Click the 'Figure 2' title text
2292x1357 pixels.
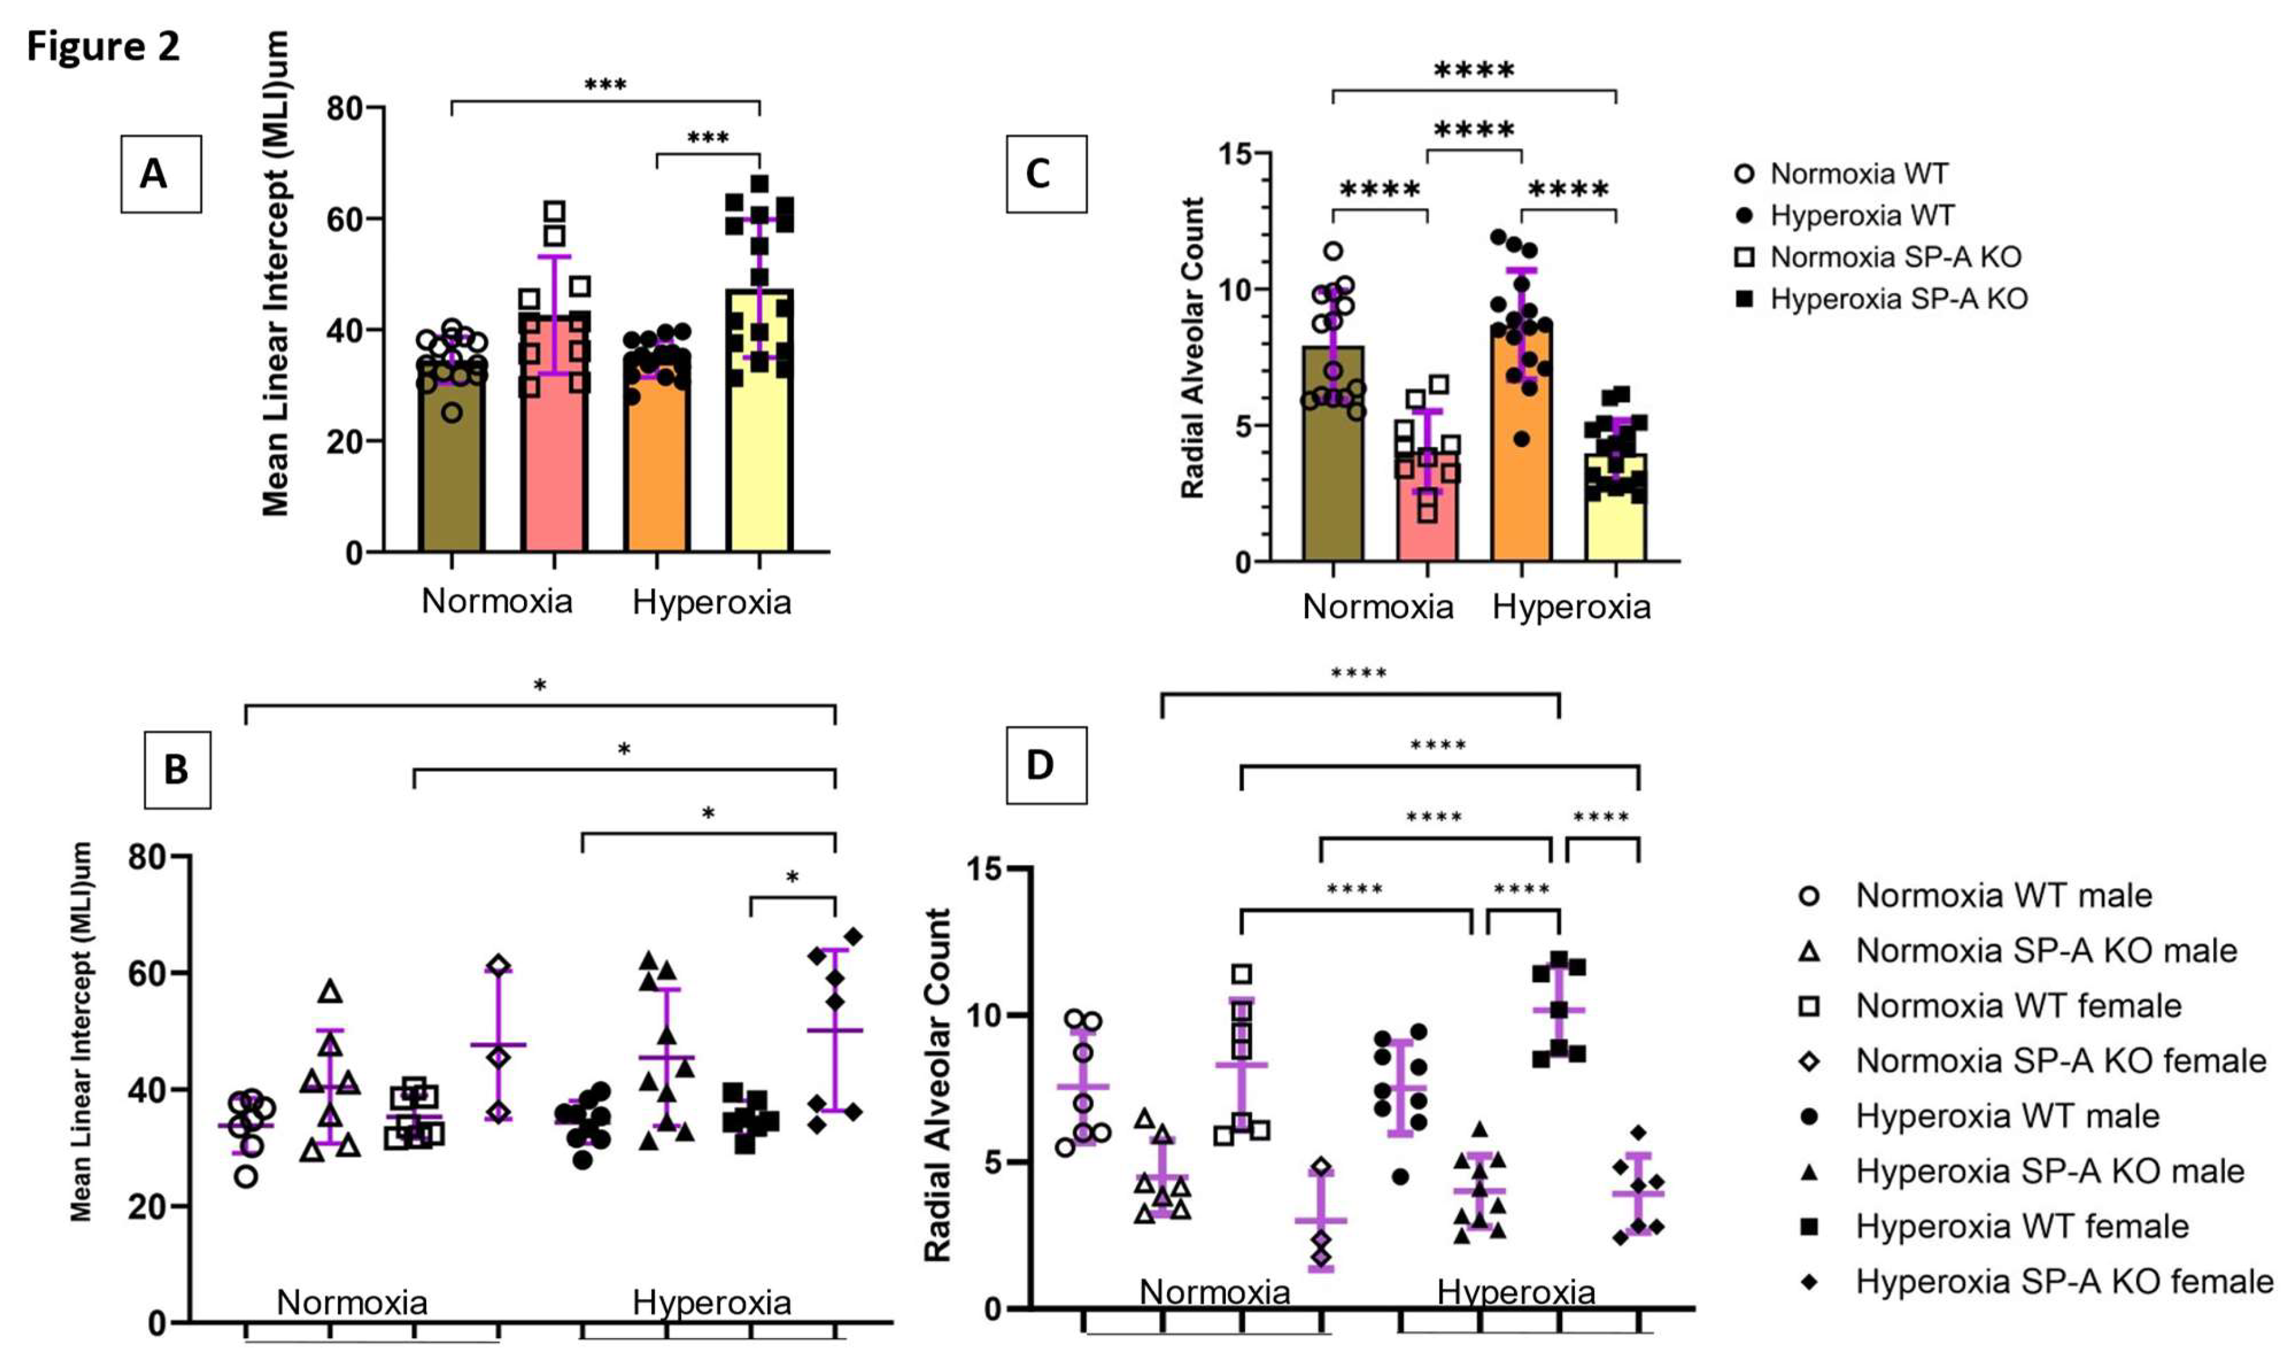[103, 46]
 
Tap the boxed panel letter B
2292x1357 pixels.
[177, 769]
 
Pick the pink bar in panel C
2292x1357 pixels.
[1426, 521]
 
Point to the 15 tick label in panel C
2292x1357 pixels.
[1234, 154]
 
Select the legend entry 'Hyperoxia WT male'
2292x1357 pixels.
[2007, 1116]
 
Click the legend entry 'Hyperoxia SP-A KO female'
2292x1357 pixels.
[2064, 1281]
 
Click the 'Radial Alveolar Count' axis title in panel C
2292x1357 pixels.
[1192, 347]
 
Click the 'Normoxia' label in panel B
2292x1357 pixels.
[352, 1301]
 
